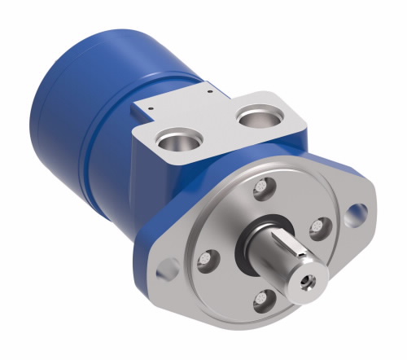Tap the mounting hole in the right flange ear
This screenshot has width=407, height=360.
355,216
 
